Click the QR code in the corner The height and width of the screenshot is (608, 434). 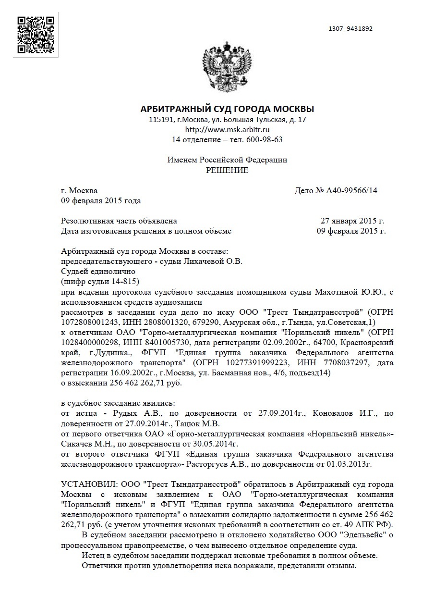[35, 35]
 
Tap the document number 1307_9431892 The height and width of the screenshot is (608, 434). [350, 29]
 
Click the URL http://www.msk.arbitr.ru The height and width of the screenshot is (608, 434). [227, 129]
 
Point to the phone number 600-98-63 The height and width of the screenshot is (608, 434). [264, 140]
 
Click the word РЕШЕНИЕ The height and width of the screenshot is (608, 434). [227, 171]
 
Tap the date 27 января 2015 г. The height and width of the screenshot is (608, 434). [352, 221]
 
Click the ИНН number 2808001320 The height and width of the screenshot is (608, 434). [156, 322]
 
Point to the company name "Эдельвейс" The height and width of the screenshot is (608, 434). [363, 534]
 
